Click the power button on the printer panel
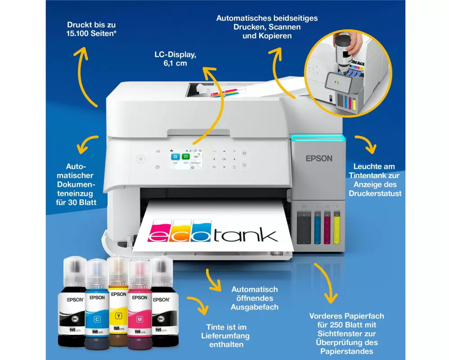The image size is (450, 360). coord(140,159)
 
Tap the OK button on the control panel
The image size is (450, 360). coord(224,159)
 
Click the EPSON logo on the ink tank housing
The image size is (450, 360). coord(319,158)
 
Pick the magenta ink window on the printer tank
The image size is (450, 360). coord(327,229)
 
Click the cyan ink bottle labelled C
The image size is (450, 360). coord(97,306)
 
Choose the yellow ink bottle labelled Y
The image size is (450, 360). coord(118,306)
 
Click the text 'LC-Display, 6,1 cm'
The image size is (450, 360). coord(175,58)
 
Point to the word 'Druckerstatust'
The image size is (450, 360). coord(375,193)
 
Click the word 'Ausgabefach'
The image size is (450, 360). coord(254,307)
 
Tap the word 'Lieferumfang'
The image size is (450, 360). coord(225,336)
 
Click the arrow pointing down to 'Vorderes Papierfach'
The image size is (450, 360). coord(326,283)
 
